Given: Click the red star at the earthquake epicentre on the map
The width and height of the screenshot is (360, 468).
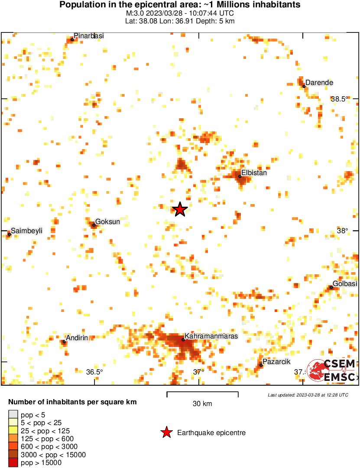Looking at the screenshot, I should pyautogui.click(x=180, y=209).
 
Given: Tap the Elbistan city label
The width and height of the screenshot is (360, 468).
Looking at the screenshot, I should pyautogui.click(x=254, y=172).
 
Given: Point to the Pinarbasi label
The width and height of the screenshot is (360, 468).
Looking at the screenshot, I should pyautogui.click(x=88, y=36).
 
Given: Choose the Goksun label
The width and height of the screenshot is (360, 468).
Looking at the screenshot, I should pyautogui.click(x=107, y=222).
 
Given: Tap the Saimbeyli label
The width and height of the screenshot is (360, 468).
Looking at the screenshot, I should pyautogui.click(x=26, y=231).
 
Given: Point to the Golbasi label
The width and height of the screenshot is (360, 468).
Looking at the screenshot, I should pyautogui.click(x=345, y=283).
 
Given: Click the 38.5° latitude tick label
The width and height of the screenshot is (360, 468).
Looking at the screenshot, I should pyautogui.click(x=340, y=99).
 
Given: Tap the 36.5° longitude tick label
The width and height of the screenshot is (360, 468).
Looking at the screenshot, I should pyautogui.click(x=94, y=372).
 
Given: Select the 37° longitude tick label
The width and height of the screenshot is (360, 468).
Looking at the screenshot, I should pyautogui.click(x=198, y=372).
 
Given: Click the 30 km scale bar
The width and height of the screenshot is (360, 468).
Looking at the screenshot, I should pyautogui.click(x=202, y=394).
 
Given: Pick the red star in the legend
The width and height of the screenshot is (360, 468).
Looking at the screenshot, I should pyautogui.click(x=166, y=432).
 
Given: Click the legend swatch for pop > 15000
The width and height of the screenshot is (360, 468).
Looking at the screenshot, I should pyautogui.click(x=13, y=463).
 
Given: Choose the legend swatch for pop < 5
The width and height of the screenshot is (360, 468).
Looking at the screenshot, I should pyautogui.click(x=13, y=415).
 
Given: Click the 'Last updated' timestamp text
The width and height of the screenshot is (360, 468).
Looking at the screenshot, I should pyautogui.click(x=308, y=395).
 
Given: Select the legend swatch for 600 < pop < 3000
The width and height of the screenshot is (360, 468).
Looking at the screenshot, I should pyautogui.click(x=13, y=447).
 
